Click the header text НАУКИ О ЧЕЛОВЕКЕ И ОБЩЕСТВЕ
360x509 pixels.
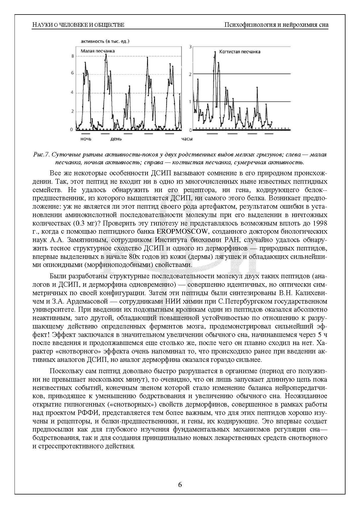[78, 25]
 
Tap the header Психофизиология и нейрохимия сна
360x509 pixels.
[276, 25]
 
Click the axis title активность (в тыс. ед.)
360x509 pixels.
[105, 41]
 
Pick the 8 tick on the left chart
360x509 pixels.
[72, 56]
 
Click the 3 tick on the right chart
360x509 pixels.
[190, 47]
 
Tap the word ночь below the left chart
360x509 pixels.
[86, 139]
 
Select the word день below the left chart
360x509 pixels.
[116, 139]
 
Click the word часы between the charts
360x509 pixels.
[187, 139]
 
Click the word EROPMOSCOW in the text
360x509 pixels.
[182, 232]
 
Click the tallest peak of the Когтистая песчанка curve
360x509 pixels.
[215, 52]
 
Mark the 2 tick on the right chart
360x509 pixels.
[190, 74]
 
